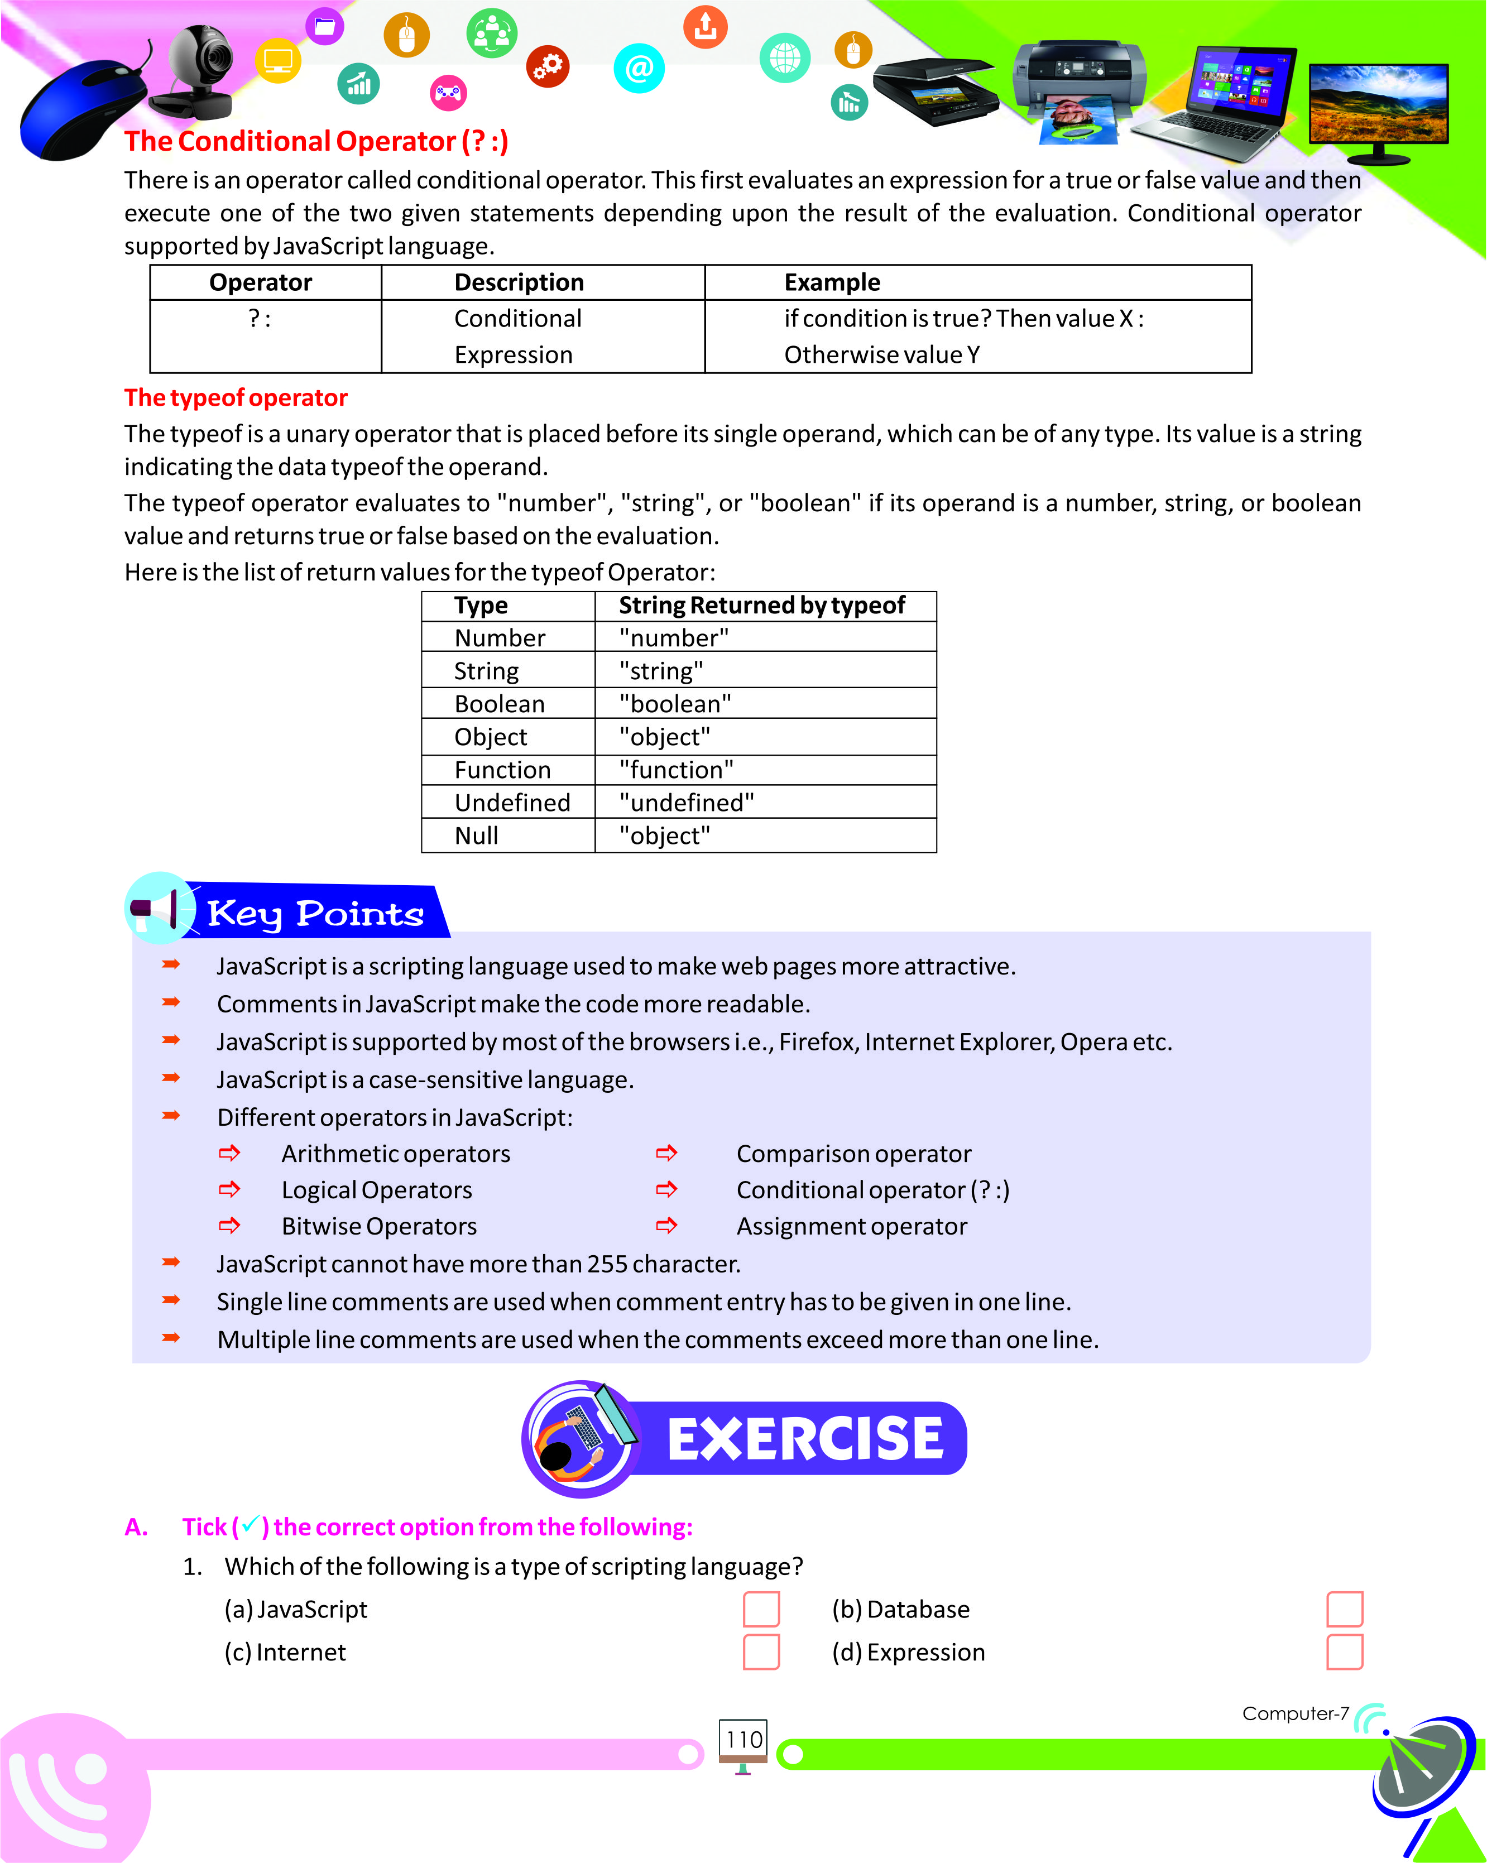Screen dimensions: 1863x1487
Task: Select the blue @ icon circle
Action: (x=639, y=68)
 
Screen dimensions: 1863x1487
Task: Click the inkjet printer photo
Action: (x=1080, y=87)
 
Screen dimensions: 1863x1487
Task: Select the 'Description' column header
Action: (x=519, y=282)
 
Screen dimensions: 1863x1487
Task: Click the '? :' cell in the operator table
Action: (x=260, y=319)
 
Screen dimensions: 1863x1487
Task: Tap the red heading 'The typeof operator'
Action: (x=236, y=397)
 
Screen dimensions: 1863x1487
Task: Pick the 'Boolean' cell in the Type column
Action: (x=500, y=704)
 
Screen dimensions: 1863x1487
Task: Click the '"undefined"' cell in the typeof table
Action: (x=686, y=803)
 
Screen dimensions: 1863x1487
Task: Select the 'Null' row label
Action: (x=476, y=836)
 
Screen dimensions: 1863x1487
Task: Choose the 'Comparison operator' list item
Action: (x=853, y=1154)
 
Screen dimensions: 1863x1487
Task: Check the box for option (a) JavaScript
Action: (x=761, y=1609)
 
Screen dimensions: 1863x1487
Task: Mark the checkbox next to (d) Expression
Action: (x=1345, y=1651)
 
